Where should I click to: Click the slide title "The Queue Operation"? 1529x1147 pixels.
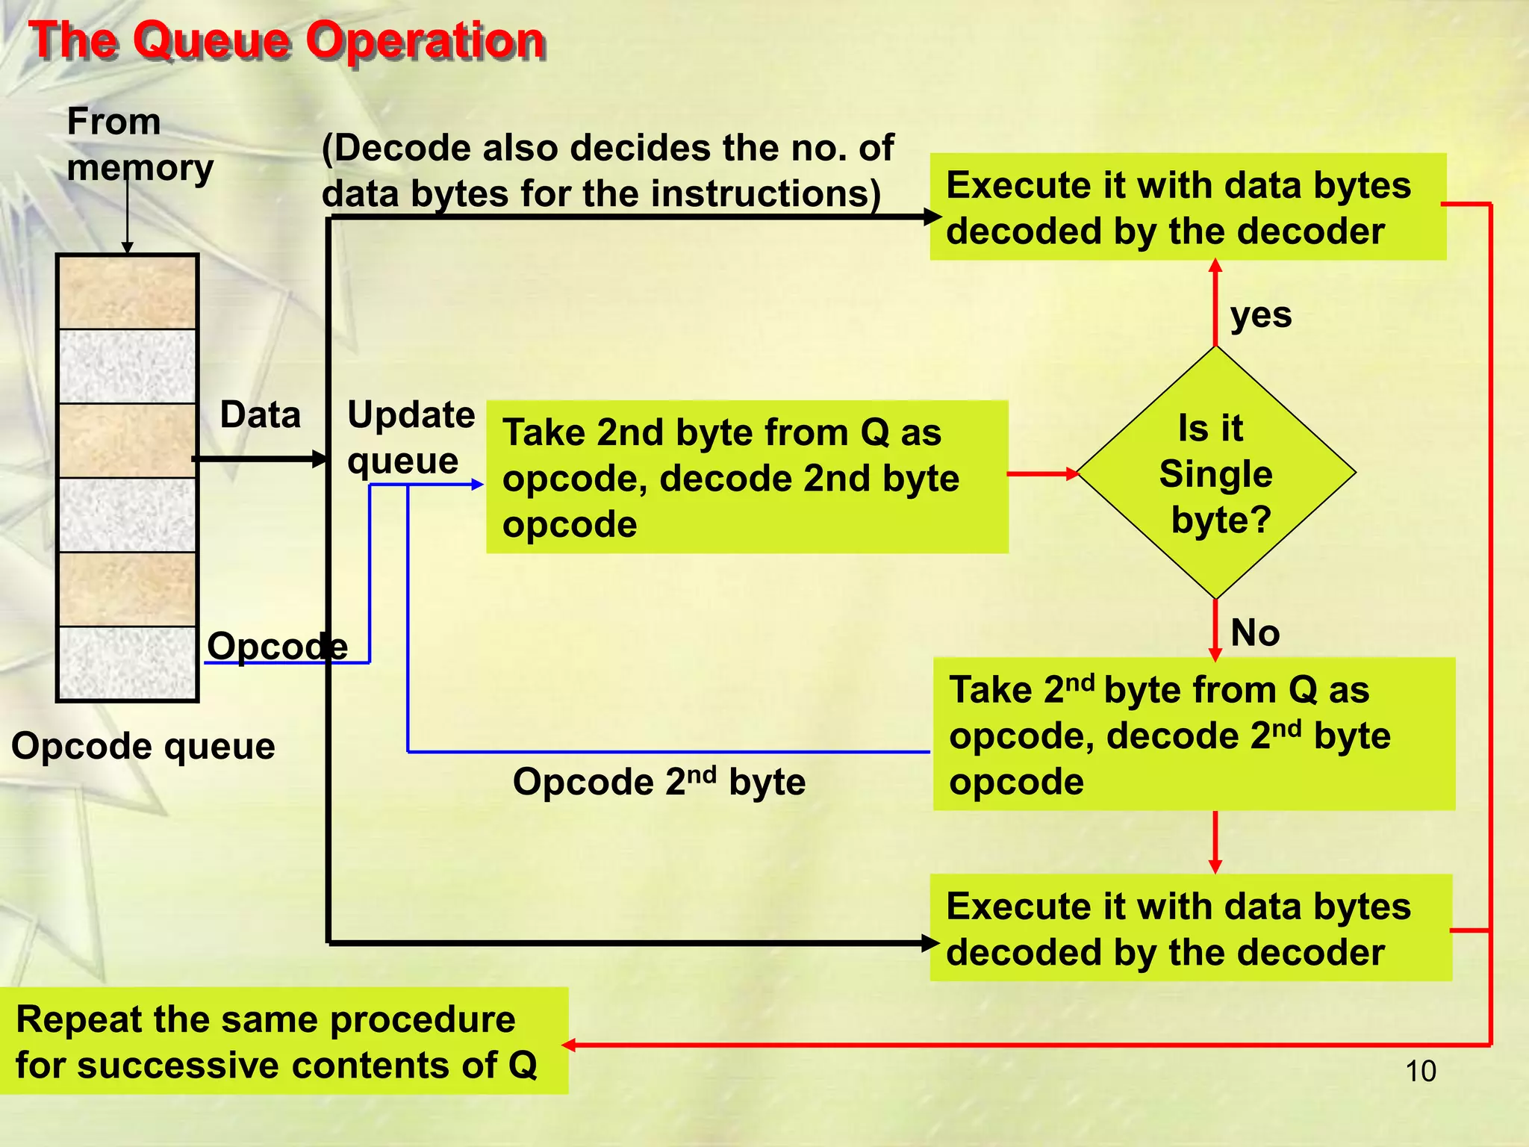click(287, 40)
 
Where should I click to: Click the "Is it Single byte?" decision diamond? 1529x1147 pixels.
click(1215, 473)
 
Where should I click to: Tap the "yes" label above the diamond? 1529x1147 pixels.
click(1260, 315)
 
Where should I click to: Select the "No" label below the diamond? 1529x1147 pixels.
click(1254, 633)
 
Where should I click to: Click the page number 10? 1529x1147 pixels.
click(1420, 1071)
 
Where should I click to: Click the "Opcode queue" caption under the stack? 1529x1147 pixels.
click(143, 746)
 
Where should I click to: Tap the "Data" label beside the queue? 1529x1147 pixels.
click(260, 414)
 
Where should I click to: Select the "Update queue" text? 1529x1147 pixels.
click(411, 437)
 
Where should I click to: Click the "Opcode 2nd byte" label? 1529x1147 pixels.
click(658, 782)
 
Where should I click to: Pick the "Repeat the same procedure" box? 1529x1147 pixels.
click(284, 1042)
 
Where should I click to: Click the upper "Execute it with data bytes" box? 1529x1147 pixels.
click(1187, 208)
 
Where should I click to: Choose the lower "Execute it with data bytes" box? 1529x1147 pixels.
click(1190, 928)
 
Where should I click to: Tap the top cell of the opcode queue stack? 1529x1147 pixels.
click(128, 293)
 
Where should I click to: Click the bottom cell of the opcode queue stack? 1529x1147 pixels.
click(128, 663)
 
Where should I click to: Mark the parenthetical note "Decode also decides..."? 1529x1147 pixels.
click(606, 170)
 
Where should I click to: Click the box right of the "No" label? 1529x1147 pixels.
click(1193, 735)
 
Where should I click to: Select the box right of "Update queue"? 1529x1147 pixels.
click(747, 478)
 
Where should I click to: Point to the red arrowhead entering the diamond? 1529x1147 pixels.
click(1073, 473)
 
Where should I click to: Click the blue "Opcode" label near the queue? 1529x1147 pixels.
click(277, 646)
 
